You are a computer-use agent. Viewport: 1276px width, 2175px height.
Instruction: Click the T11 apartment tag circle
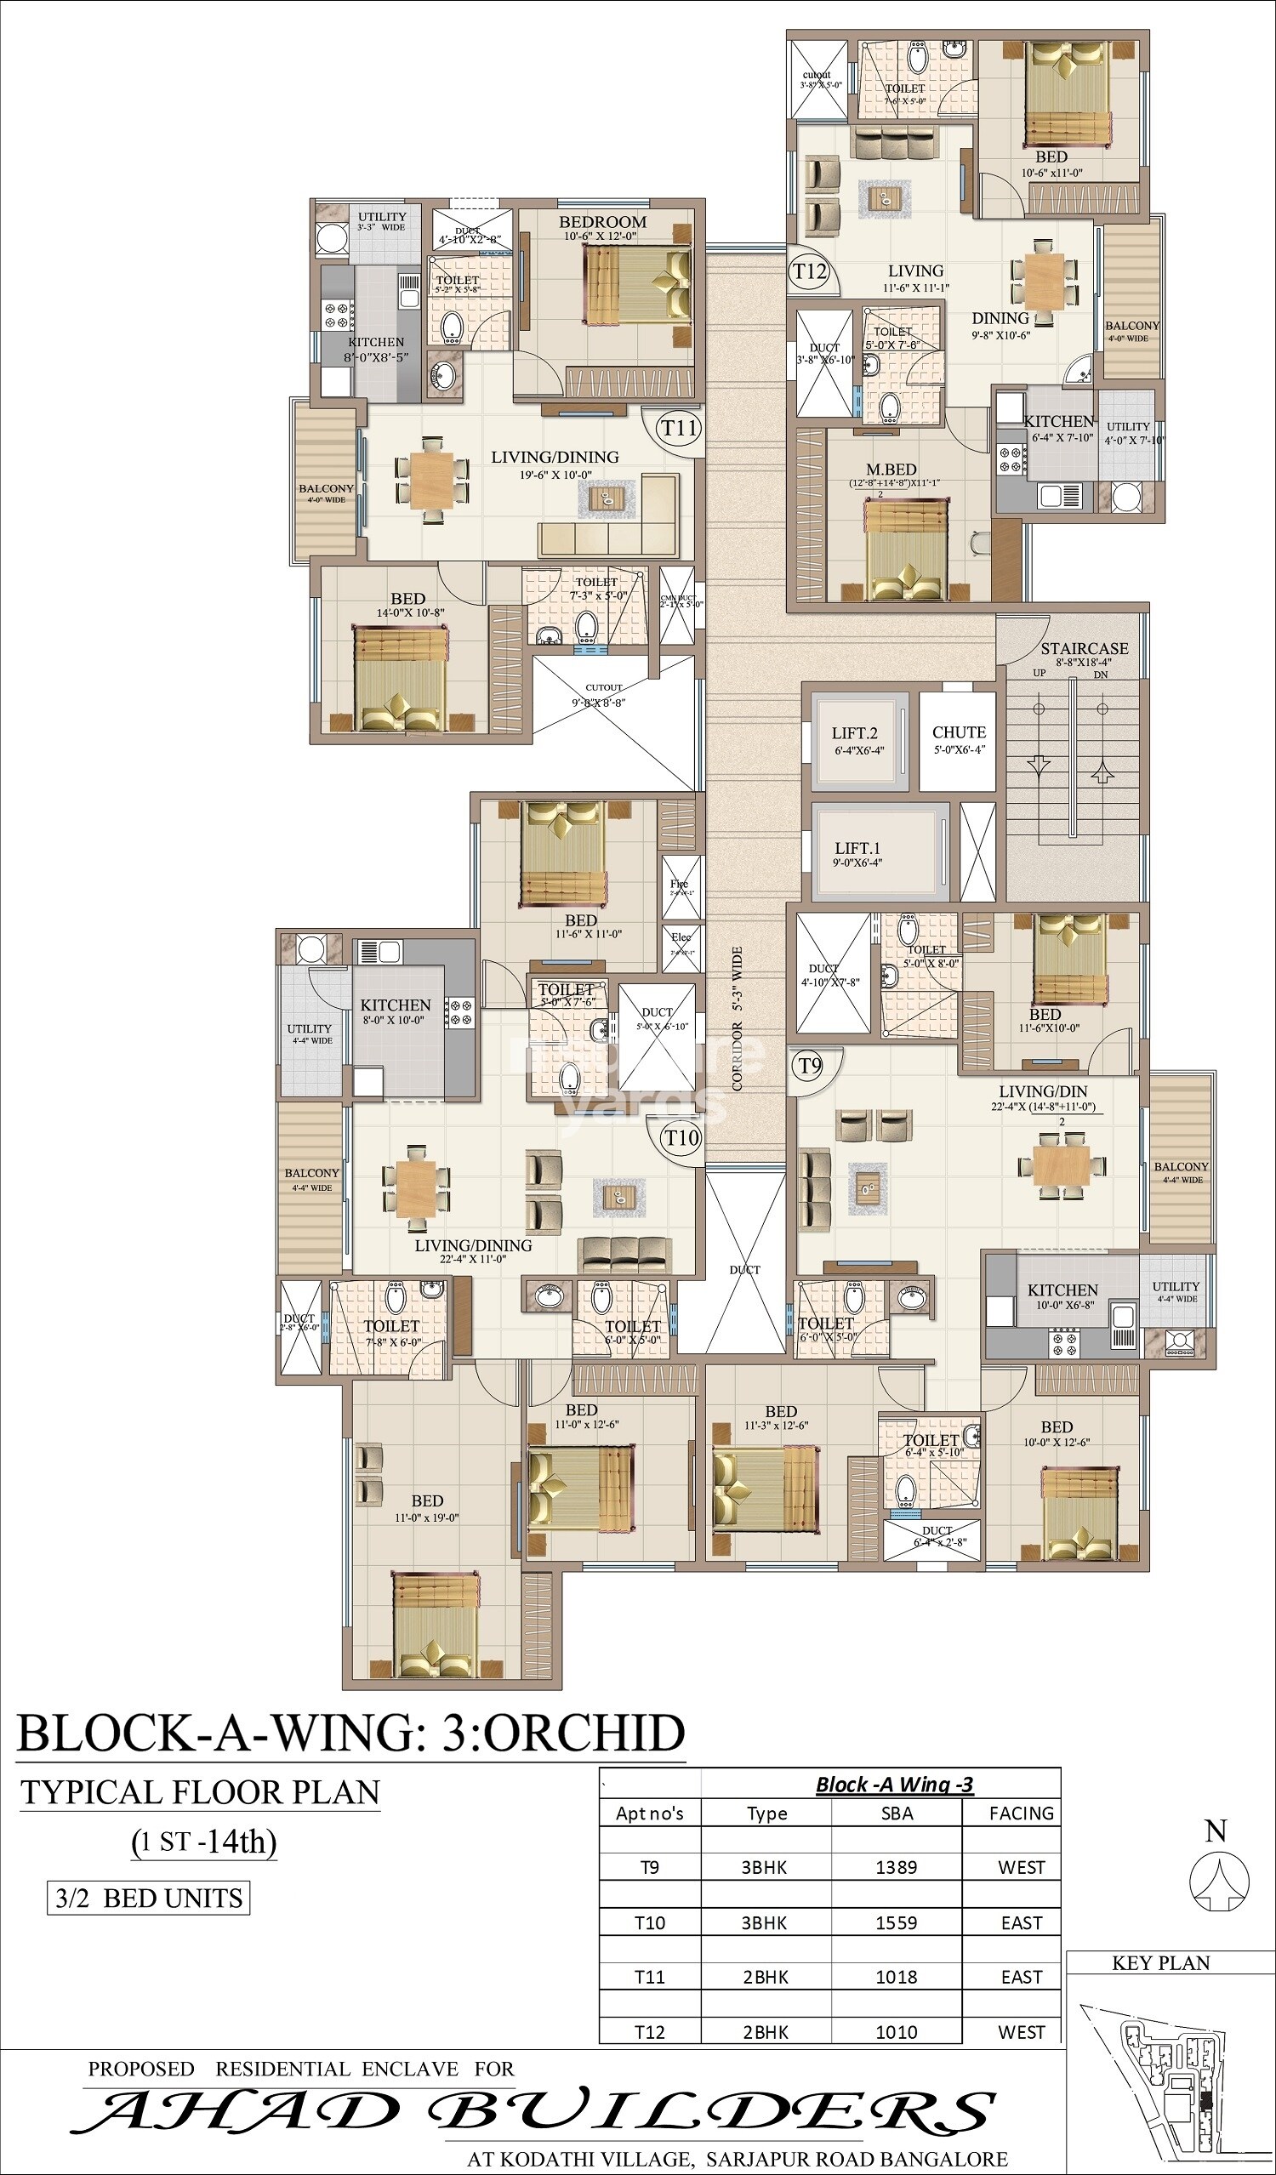679,428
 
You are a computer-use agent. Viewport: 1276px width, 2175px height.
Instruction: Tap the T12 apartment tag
810,272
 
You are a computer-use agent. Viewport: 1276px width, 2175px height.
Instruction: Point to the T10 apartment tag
681,1137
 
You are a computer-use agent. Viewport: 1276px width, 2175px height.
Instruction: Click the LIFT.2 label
855,733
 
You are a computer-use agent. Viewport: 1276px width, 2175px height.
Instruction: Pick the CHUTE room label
959,732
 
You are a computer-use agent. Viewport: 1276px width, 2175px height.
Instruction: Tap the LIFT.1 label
857,848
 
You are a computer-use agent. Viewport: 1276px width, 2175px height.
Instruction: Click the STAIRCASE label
1084,648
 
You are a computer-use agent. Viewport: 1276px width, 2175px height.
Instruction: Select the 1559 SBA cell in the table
896,1922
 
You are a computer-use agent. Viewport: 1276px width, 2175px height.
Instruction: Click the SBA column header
896,1813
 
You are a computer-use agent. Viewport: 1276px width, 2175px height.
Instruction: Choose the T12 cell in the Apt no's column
649,2032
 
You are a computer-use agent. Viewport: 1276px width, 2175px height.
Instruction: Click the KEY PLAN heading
1160,1962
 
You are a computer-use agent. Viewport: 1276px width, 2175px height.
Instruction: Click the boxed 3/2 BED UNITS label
149,1898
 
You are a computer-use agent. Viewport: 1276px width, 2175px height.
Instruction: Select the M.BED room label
891,470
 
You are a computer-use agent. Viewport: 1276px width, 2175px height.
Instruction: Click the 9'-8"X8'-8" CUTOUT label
603,696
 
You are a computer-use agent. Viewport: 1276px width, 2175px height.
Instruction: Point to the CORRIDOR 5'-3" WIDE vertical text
738,1018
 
